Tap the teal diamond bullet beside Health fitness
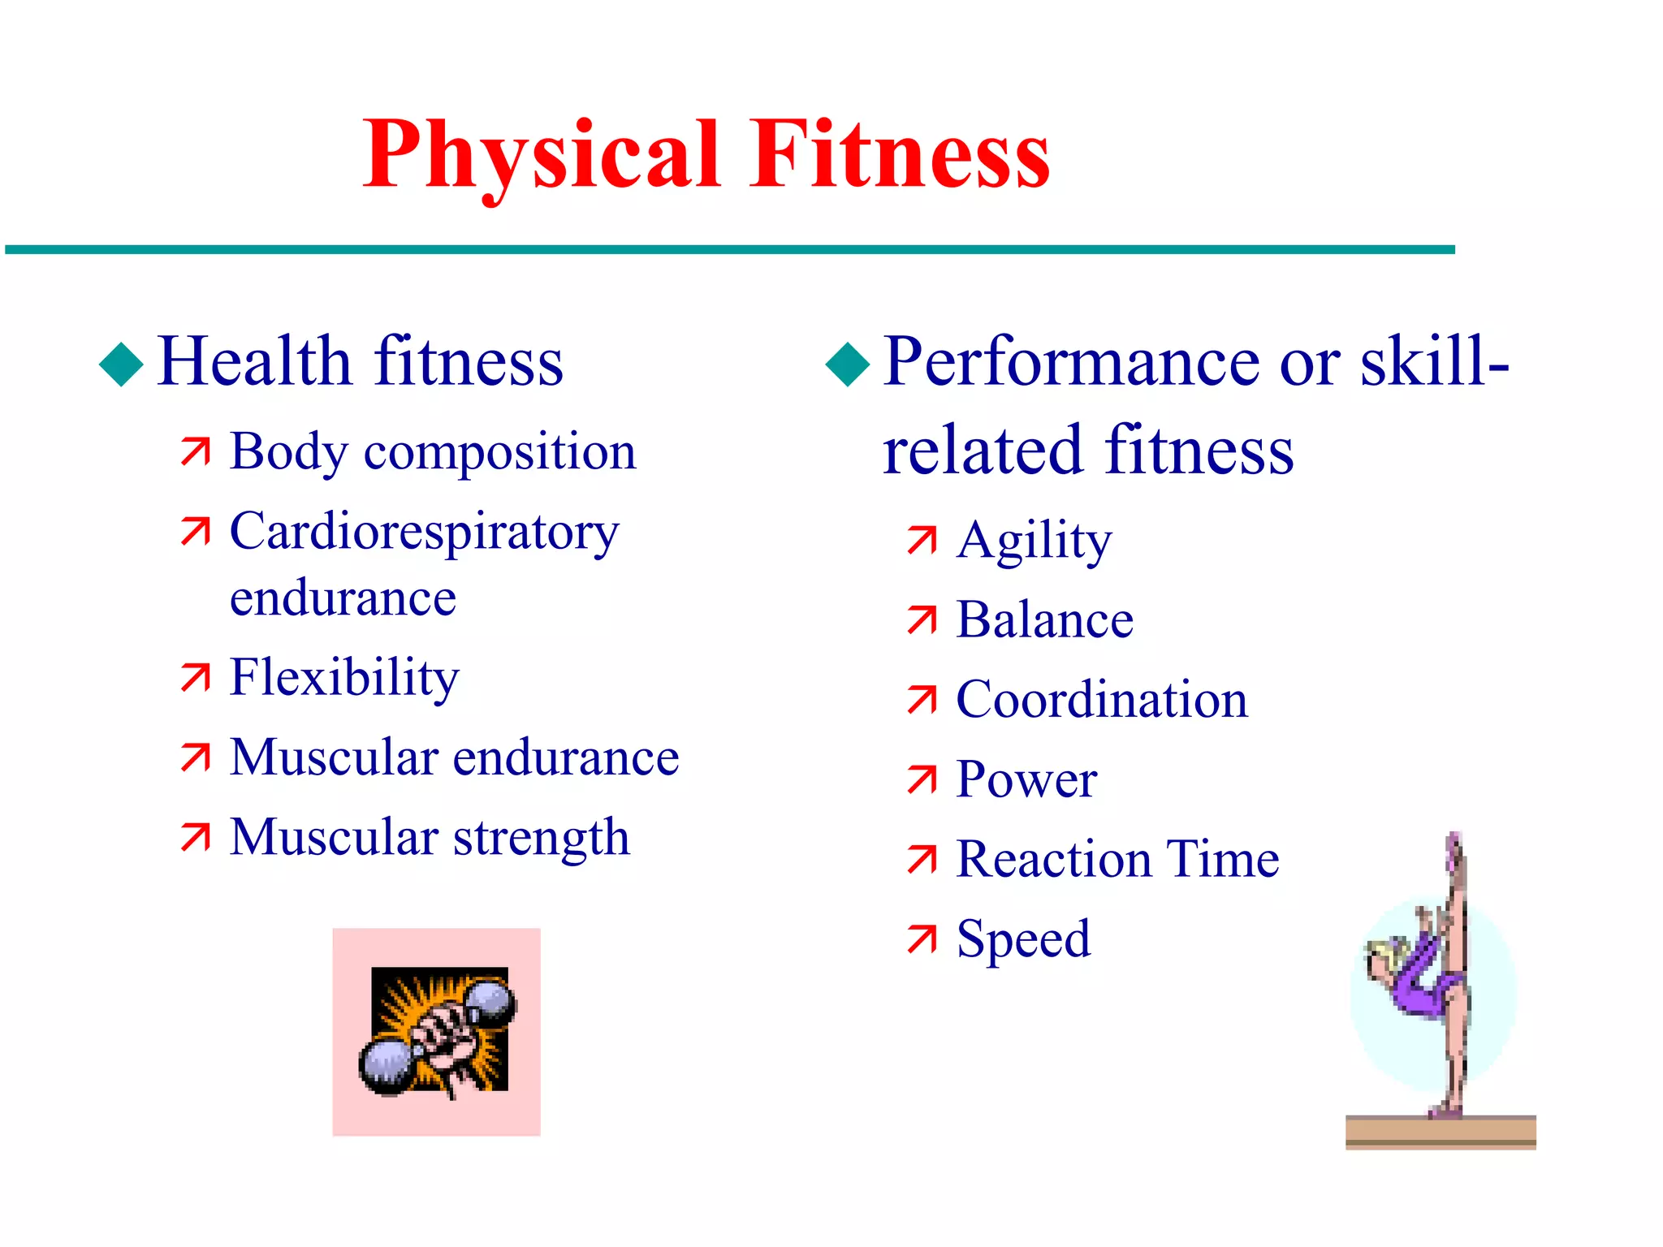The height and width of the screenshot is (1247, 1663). [x=121, y=364]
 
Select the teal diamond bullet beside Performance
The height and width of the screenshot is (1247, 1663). [x=847, y=364]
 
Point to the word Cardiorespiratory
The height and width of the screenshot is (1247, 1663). [x=424, y=533]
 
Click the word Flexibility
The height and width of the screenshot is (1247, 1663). [x=344, y=677]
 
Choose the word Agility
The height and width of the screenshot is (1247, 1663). [x=1034, y=541]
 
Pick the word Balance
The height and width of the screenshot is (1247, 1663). [x=1044, y=620]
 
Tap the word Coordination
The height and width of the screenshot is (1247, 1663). [x=1102, y=700]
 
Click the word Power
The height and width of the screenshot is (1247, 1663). [x=1026, y=779]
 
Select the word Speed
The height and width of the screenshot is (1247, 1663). [x=1023, y=939]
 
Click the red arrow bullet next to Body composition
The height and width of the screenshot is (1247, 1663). [x=196, y=451]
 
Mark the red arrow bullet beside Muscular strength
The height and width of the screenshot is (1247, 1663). [x=196, y=838]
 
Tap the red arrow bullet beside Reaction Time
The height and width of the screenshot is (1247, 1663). [x=922, y=860]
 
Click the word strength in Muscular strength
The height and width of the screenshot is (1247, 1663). [x=541, y=838]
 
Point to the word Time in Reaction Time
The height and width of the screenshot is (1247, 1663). [x=1223, y=859]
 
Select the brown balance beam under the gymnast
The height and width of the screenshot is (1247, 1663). [x=1441, y=1132]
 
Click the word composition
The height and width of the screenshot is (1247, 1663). [x=499, y=452]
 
